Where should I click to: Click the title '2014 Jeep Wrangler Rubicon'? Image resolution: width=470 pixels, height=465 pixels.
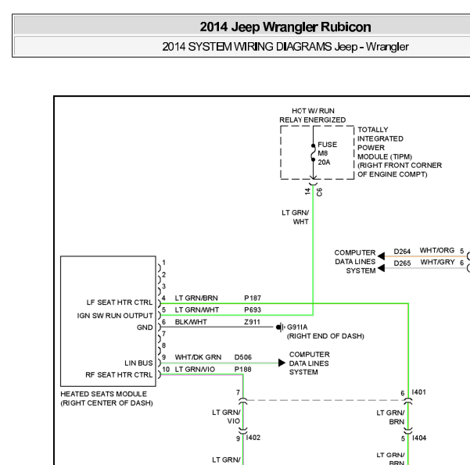(285, 27)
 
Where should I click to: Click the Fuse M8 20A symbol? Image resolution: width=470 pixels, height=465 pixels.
(313, 153)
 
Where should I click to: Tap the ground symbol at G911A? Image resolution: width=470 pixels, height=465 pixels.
(280, 327)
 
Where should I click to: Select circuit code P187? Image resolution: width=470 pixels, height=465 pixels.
(253, 298)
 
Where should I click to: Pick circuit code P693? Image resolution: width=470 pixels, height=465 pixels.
(253, 309)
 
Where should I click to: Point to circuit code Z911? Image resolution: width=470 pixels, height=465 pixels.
(252, 322)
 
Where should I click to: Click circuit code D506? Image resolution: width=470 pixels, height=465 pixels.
(243, 357)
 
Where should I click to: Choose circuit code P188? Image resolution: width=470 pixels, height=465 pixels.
(242, 370)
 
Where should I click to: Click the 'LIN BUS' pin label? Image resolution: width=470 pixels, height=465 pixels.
(138, 363)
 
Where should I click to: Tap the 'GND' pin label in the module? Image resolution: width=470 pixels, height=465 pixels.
(145, 327)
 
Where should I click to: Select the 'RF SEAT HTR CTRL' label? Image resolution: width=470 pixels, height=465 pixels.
(119, 375)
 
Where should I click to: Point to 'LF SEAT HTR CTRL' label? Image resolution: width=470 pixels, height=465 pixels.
(120, 302)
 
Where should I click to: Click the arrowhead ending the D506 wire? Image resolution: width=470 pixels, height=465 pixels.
(282, 363)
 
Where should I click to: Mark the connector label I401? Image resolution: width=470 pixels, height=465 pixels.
(418, 392)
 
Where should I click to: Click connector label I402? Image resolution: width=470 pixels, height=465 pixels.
(253, 438)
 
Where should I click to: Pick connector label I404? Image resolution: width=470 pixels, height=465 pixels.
(419, 438)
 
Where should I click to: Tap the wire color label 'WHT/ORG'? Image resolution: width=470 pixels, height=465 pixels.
(437, 250)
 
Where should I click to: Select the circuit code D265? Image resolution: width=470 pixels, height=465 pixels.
(402, 263)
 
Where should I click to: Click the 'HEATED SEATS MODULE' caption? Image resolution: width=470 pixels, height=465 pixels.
(104, 394)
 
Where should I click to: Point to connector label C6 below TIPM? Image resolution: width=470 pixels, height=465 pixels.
(319, 192)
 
